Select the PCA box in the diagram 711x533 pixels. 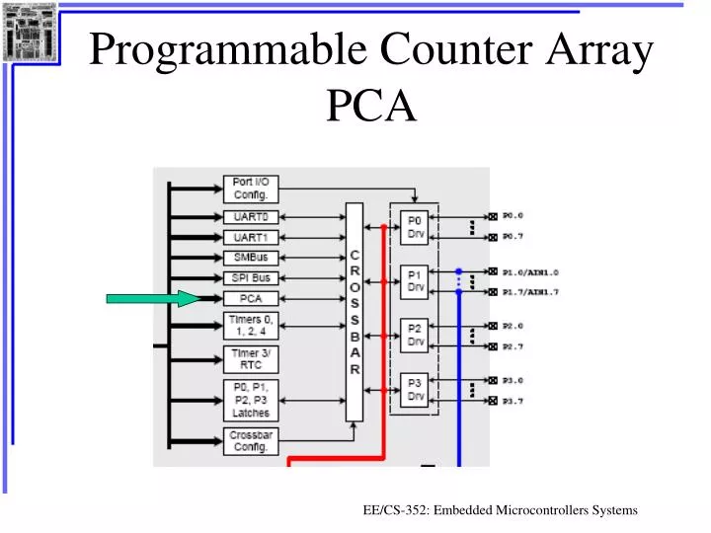[251, 298]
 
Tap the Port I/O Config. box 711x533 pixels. [251, 188]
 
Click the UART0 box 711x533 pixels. [251, 217]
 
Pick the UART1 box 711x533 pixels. [251, 237]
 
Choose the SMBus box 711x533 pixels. [251, 258]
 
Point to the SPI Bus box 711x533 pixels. [251, 278]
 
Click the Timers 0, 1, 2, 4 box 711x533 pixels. [251, 326]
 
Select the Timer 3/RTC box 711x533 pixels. [251, 359]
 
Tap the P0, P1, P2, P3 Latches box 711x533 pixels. [251, 400]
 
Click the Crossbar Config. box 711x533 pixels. [251, 441]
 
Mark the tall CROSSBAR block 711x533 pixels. [354, 311]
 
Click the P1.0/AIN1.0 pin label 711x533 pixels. [530, 271]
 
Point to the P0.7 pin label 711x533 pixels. [513, 237]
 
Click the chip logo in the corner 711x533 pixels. [30, 32]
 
